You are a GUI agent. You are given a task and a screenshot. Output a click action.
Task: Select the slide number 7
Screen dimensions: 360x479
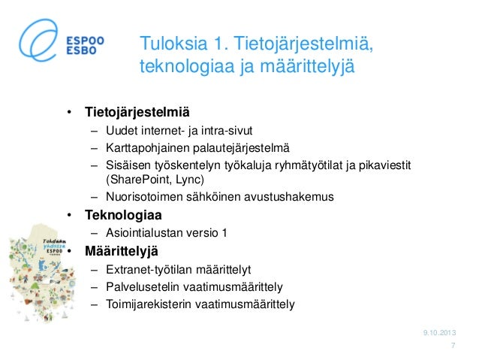point(453,346)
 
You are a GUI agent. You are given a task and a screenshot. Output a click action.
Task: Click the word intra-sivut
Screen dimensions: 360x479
point(212,131)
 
